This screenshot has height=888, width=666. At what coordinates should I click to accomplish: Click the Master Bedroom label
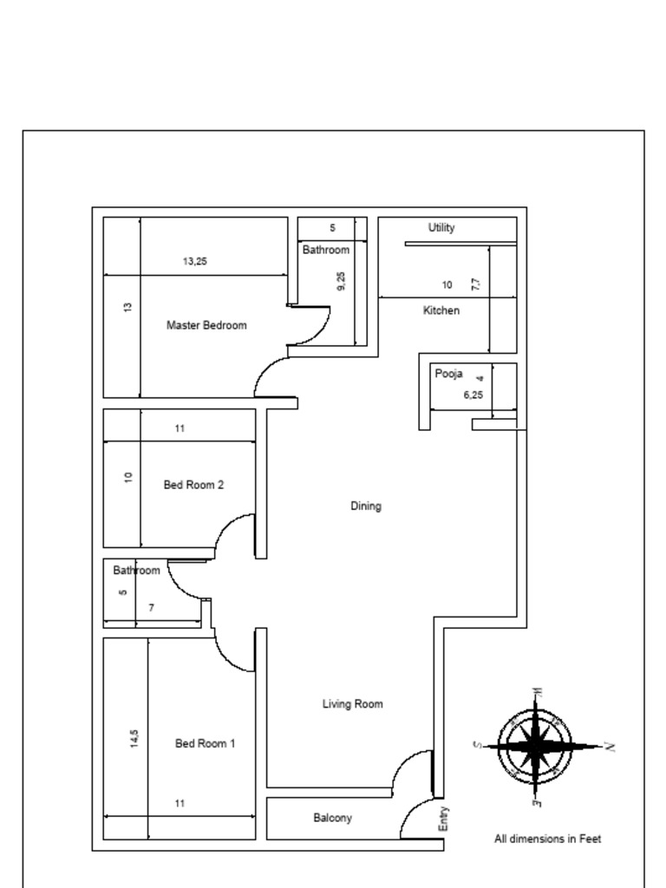click(x=206, y=325)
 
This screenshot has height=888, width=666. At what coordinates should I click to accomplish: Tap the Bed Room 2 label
click(x=193, y=485)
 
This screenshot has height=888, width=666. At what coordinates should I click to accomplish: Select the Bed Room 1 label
click(x=205, y=743)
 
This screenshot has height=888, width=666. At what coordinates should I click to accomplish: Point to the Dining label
click(x=365, y=506)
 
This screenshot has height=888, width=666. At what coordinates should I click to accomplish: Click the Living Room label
click(x=352, y=704)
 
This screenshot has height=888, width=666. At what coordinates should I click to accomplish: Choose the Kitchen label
click(x=441, y=310)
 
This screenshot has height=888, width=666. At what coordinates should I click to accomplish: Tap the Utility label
click(x=441, y=228)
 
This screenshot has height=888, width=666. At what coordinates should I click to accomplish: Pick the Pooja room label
click(x=448, y=374)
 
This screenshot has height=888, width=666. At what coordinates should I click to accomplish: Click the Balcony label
click(x=332, y=818)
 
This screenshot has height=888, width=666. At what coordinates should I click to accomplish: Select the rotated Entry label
click(x=444, y=819)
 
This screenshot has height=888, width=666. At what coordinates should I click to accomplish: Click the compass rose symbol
click(x=535, y=746)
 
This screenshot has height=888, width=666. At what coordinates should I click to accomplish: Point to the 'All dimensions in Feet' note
click(x=547, y=839)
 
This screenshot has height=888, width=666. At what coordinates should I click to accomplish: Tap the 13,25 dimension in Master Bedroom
click(x=195, y=261)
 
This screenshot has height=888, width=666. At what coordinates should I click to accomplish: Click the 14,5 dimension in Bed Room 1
click(x=134, y=738)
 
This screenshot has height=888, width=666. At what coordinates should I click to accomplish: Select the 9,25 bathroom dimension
click(x=341, y=281)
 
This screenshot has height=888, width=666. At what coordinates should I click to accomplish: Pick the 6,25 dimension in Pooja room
click(x=473, y=395)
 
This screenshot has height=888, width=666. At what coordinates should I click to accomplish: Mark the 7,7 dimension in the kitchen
click(x=476, y=284)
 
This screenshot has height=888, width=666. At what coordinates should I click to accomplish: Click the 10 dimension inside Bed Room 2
click(x=128, y=477)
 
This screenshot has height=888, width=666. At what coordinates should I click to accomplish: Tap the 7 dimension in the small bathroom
click(x=151, y=608)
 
